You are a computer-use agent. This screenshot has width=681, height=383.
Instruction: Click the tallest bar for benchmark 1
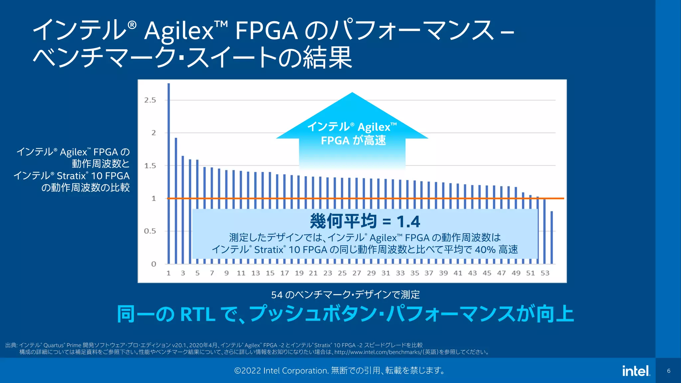(x=169, y=173)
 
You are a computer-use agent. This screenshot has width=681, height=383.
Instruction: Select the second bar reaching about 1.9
(x=176, y=199)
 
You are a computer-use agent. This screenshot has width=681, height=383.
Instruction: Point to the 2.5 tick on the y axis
(x=150, y=100)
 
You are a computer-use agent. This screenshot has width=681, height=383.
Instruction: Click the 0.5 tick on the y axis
(x=150, y=231)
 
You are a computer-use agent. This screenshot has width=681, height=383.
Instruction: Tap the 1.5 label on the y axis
(x=150, y=166)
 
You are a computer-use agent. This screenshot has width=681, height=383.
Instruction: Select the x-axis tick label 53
(x=545, y=273)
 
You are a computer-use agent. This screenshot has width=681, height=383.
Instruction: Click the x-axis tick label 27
(x=357, y=273)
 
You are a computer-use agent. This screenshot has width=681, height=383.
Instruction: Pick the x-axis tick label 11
(x=241, y=273)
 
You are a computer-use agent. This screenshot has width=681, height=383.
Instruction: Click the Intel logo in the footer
(x=636, y=371)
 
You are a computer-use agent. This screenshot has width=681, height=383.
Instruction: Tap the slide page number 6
(x=669, y=371)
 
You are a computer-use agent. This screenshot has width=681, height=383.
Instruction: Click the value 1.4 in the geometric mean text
(x=408, y=221)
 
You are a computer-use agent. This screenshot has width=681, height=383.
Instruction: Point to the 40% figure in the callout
(x=485, y=249)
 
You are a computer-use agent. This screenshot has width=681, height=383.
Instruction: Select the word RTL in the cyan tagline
(x=198, y=314)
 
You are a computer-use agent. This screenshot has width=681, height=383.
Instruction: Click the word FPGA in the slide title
(x=266, y=31)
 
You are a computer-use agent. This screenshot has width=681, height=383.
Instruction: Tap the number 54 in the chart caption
(x=277, y=295)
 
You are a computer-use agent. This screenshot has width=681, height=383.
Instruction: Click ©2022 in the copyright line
(x=247, y=370)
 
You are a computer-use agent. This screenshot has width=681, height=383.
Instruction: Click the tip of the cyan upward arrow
(x=352, y=94)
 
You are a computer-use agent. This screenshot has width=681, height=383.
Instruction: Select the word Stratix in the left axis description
(x=71, y=176)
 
